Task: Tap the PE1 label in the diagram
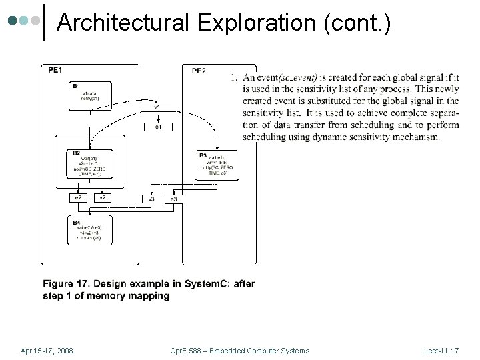coord(55,70)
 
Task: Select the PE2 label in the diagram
coord(199,71)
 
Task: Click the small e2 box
coord(79,198)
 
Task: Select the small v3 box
coord(151,199)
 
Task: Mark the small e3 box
coord(173,199)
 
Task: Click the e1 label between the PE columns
coord(158,127)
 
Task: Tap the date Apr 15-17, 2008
coord(47,351)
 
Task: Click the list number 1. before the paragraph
coord(234,77)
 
